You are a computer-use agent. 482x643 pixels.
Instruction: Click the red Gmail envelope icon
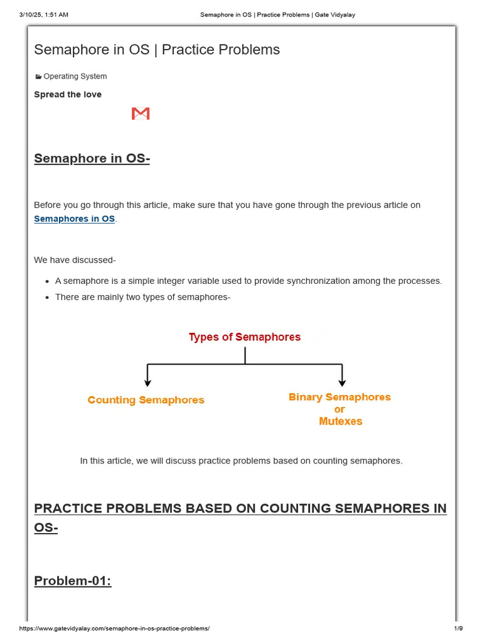pyautogui.click(x=141, y=114)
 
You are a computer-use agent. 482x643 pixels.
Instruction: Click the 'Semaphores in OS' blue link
pyautogui.click(x=74, y=219)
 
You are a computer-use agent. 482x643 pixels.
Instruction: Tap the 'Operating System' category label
pyautogui.click(x=75, y=76)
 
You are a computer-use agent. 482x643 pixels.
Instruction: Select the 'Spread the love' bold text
pyautogui.click(x=68, y=94)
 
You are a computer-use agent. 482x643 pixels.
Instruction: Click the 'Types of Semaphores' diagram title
pyautogui.click(x=245, y=337)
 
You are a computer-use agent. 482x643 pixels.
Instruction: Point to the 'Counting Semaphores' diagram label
pyautogui.click(x=146, y=400)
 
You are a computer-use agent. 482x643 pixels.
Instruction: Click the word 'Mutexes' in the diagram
pyautogui.click(x=340, y=421)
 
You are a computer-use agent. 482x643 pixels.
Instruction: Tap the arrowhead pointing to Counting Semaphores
pyautogui.click(x=147, y=382)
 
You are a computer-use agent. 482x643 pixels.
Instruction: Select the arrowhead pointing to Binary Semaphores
pyautogui.click(x=341, y=382)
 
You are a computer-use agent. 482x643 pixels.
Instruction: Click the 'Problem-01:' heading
pyautogui.click(x=72, y=580)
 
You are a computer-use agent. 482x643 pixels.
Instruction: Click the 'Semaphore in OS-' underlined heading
pyautogui.click(x=92, y=158)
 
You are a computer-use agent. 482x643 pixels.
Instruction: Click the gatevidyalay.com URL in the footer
pyautogui.click(x=114, y=629)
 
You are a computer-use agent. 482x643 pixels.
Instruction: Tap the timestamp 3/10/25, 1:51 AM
pyautogui.click(x=43, y=14)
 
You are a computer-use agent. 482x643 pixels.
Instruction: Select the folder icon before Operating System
pyautogui.click(x=38, y=77)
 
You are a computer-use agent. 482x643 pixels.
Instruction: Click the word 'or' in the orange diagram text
pyautogui.click(x=340, y=409)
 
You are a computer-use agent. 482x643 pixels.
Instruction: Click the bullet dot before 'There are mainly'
pyautogui.click(x=48, y=297)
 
